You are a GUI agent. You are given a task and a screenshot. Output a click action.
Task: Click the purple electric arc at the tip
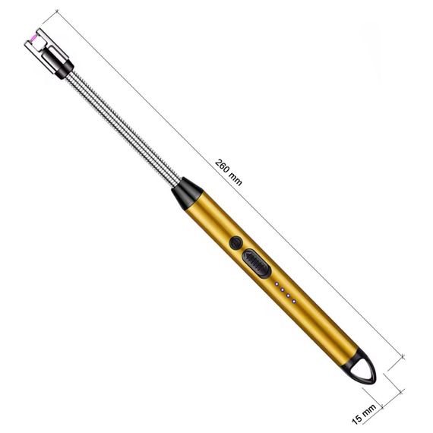click(33, 39)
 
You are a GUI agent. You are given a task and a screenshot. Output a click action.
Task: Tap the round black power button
click(236, 243)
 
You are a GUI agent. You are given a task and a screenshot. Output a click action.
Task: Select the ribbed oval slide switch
click(256, 264)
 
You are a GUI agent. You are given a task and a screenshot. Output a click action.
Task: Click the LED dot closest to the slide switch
click(277, 283)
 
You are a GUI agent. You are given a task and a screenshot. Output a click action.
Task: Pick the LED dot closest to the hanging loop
click(294, 302)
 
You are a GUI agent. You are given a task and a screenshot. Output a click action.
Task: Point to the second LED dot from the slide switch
click(283, 289)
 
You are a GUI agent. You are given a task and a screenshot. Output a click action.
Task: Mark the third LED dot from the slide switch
click(288, 296)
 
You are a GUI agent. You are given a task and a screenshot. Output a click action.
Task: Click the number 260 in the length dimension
click(223, 166)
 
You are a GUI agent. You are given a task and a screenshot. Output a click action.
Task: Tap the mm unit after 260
click(235, 180)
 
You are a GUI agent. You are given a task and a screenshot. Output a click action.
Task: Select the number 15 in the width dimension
click(357, 419)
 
